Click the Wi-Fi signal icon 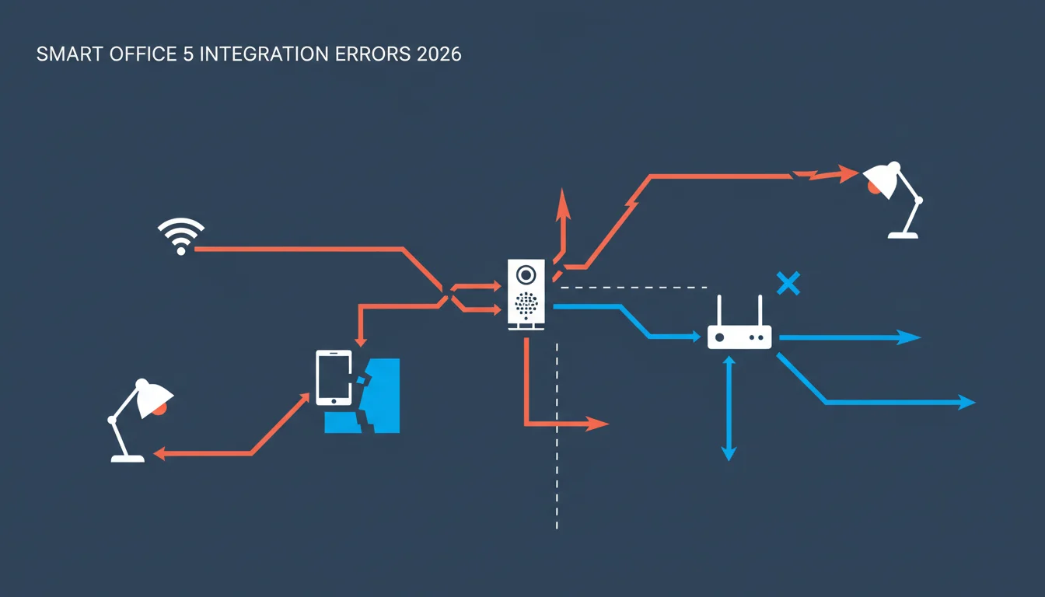coord(181,236)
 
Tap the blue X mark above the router coord(788,283)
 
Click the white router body coord(739,337)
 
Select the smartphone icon coord(334,378)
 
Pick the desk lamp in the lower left coord(140,420)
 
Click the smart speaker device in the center coord(526,295)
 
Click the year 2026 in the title coord(439,54)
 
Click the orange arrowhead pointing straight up coord(563,204)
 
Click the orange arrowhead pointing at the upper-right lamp coord(848,173)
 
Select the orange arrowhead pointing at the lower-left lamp coord(159,453)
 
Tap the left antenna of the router coord(719,311)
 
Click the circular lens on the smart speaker coord(526,274)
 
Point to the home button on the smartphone coord(334,401)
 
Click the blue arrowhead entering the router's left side coord(696,337)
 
